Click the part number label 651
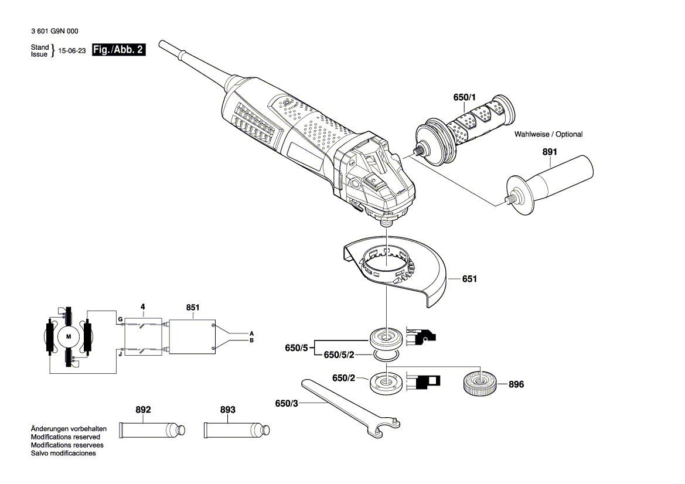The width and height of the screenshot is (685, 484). [x=469, y=280]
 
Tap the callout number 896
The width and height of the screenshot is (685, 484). [x=516, y=385]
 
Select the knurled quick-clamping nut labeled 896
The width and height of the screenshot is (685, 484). [x=480, y=384]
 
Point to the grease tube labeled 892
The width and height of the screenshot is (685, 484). [x=153, y=430]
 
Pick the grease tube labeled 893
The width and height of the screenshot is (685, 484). [x=237, y=430]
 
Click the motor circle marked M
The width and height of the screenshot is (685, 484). [x=69, y=336]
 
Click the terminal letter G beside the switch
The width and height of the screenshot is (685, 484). [x=120, y=319]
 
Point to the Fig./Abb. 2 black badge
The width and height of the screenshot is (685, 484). [x=118, y=50]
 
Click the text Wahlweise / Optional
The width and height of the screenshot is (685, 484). [x=548, y=134]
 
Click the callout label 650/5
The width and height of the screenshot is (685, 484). [x=296, y=347]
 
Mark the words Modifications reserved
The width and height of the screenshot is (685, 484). [x=65, y=437]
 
